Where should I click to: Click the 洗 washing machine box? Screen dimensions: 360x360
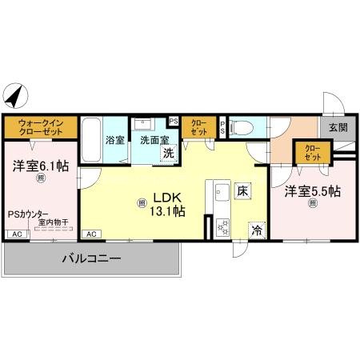click(x=168, y=153)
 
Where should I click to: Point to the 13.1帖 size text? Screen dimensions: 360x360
click(x=169, y=212)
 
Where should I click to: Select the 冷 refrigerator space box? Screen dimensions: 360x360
click(x=258, y=229)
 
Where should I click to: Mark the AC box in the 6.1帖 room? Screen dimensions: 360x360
click(x=16, y=234)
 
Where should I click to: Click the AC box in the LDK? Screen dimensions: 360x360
click(x=90, y=234)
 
